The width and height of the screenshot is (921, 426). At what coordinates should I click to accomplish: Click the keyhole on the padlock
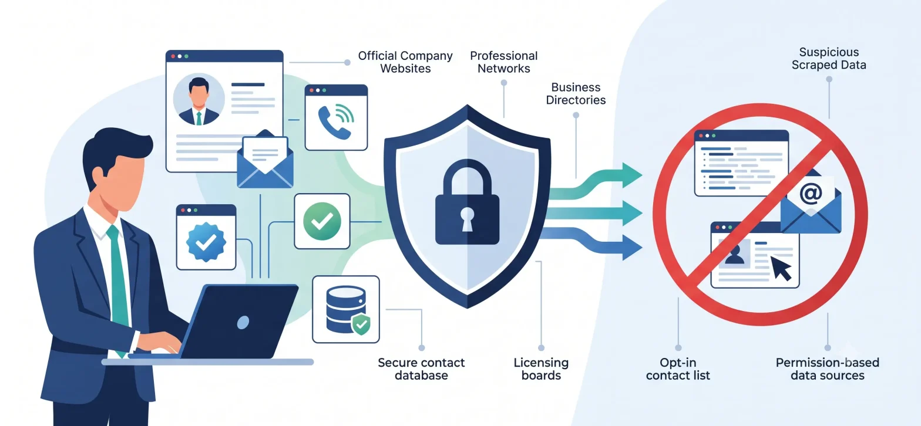467,219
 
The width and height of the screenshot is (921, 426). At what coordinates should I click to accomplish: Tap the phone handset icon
332,123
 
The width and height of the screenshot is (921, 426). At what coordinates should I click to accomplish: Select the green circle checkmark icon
322,221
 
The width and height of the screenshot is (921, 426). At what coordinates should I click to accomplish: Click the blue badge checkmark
206,242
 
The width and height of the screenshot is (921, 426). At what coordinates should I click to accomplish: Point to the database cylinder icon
345,309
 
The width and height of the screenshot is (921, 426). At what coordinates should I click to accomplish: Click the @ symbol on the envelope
811,194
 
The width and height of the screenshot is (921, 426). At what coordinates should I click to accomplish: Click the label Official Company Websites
405,62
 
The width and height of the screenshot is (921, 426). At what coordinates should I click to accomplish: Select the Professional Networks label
504,62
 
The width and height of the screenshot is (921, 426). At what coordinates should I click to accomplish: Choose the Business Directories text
576,94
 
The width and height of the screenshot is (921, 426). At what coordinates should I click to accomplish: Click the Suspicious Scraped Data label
829,58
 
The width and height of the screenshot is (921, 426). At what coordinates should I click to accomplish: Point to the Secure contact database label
421,369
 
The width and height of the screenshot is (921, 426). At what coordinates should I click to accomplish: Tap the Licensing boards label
541,369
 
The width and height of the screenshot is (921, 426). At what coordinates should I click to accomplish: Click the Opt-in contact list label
678,369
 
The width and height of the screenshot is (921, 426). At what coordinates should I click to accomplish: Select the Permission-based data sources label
827,369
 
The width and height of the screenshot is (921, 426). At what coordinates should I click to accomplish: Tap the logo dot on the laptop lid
243,323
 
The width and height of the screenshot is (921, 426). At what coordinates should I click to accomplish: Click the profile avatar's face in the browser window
199,95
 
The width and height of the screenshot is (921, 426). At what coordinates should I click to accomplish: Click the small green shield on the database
361,324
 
